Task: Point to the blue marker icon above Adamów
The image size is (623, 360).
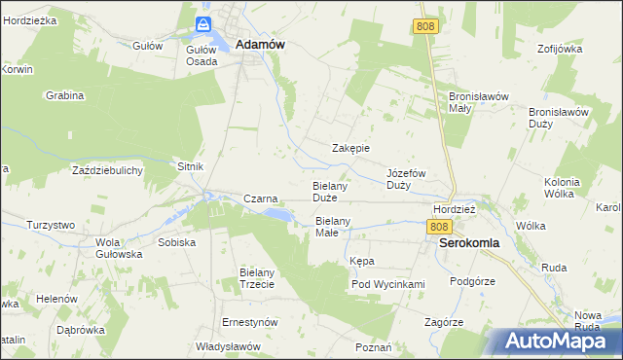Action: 203,24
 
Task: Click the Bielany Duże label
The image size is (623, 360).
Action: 330,191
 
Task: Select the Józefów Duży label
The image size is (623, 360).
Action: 407,178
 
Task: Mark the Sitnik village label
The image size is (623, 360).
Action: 190,166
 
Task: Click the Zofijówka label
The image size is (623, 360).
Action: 557,48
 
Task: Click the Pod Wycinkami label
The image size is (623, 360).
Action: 388,284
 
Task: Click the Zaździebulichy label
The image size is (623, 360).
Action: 108,170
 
